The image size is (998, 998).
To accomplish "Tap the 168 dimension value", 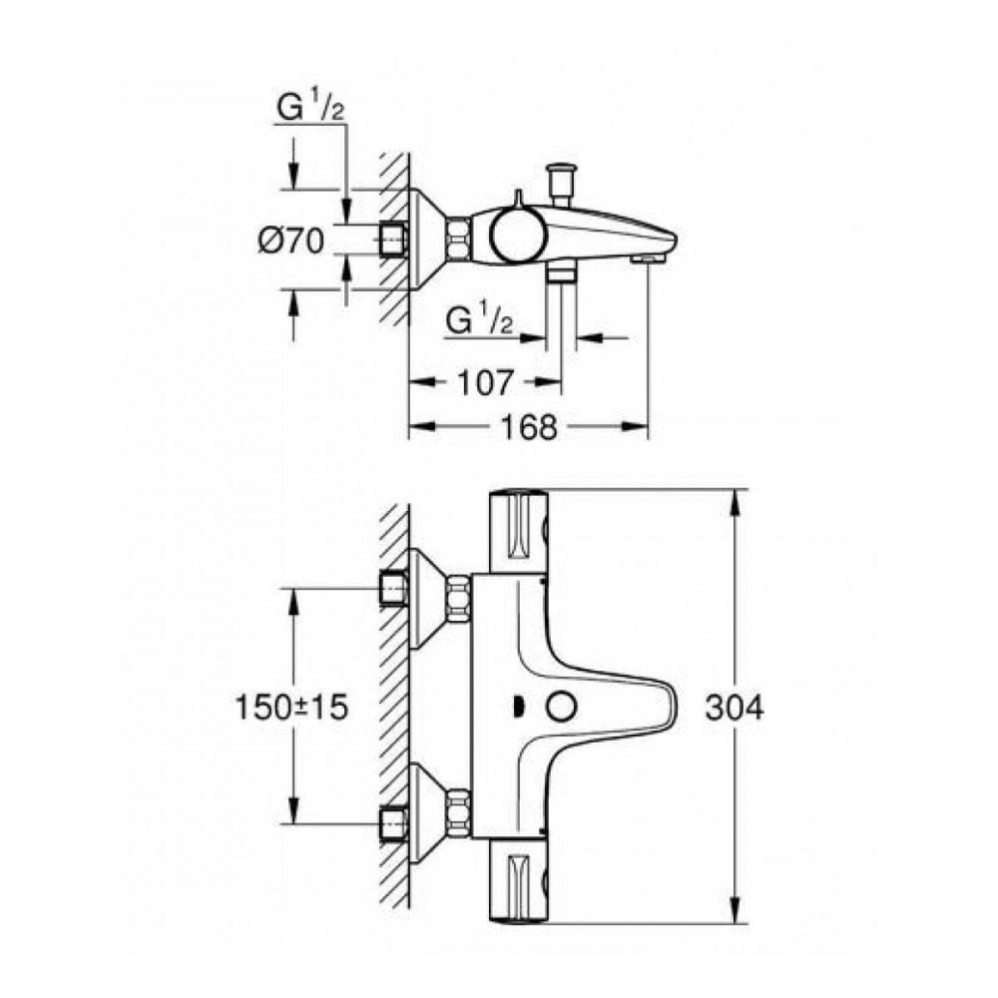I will pos(529,427).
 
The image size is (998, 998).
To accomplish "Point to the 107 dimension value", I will pos(487,380).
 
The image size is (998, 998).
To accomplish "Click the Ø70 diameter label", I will pos(290,241).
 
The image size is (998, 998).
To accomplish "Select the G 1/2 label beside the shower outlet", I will pos(479,321).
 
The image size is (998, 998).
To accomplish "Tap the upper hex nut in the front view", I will pos(458,598).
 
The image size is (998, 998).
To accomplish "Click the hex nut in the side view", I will pos(458,241).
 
